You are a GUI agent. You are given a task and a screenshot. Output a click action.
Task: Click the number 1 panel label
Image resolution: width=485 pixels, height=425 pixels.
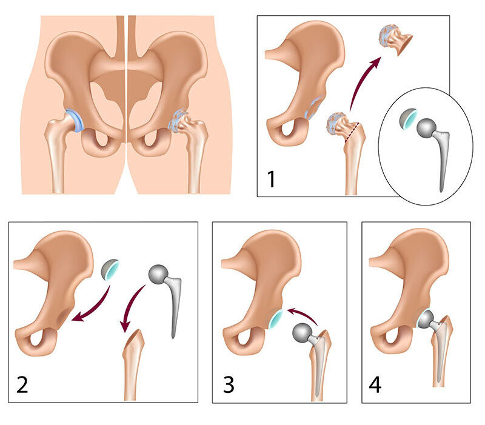point(271,179)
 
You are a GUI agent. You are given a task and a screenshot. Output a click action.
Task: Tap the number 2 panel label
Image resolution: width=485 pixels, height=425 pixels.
point(22,385)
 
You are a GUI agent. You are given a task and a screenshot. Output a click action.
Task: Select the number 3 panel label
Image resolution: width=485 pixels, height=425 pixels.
point(229,385)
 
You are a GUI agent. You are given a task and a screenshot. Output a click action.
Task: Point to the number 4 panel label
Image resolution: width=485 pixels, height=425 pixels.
point(375,385)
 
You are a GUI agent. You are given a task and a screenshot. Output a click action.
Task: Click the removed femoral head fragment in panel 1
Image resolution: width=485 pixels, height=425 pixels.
point(395,40)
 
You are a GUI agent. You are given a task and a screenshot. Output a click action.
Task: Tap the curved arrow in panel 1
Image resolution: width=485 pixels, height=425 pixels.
point(362,82)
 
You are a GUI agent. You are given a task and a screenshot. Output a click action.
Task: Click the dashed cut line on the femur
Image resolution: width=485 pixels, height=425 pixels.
point(352,132)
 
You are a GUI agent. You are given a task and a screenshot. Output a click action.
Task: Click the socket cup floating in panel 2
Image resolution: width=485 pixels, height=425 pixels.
point(110,270)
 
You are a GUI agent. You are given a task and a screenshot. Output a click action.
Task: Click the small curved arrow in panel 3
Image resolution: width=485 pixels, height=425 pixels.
point(301,314)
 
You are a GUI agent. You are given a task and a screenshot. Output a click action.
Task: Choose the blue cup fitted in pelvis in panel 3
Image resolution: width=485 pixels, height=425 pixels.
point(275,318)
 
